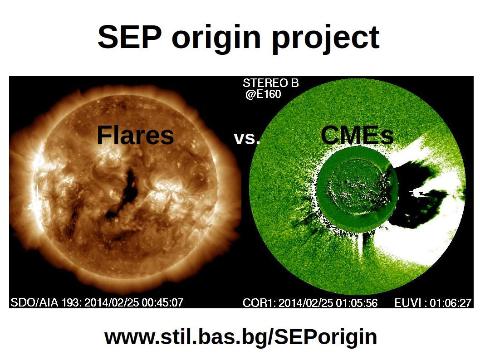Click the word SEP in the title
coord(129,37)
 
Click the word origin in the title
coord(216,39)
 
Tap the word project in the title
coord(326,39)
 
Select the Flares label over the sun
coord(135,135)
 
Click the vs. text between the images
coord(247,138)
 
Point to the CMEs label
coord(357,135)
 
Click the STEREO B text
coord(270,83)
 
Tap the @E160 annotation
coord(263,94)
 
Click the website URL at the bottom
coord(240,337)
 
